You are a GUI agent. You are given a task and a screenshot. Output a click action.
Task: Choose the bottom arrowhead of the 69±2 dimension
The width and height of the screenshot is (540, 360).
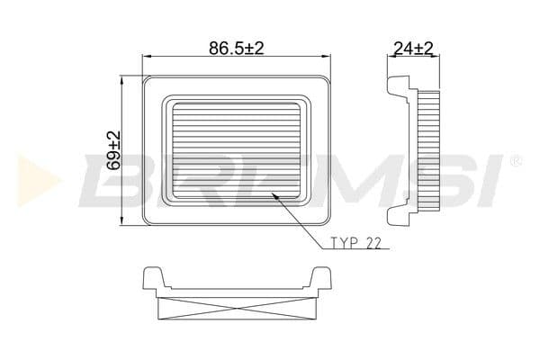click(x=122, y=223)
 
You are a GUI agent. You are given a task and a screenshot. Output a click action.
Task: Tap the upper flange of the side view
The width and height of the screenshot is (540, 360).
click(x=399, y=86)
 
